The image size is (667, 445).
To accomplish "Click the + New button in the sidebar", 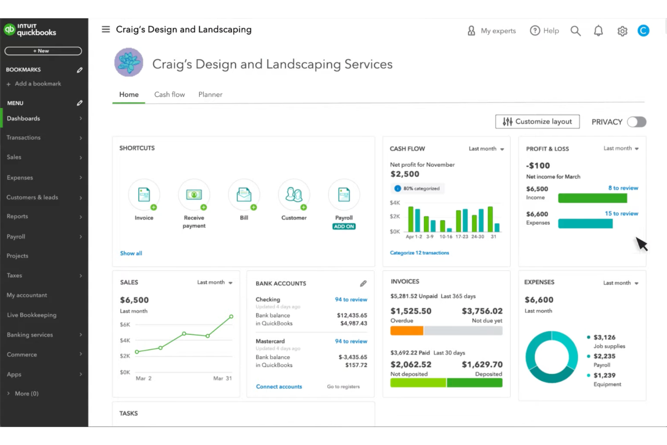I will point(43,51).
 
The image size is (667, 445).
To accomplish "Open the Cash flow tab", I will point(169,95).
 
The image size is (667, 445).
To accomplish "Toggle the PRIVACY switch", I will point(636,122).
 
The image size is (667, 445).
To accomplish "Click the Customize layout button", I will point(537,122).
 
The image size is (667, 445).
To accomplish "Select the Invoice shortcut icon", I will point(144,195).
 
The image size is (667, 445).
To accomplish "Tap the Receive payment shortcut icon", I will point(194,195).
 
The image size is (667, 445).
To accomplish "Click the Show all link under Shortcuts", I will point(131,253).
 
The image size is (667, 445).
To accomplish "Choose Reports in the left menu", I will point(18,216).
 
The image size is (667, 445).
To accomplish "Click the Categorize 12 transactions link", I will point(419,253).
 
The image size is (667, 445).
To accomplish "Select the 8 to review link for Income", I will point(623,188).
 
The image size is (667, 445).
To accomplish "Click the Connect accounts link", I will point(279,387).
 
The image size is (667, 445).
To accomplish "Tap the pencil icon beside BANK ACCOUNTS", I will point(363,284).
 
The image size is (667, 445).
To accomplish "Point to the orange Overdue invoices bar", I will point(407,331).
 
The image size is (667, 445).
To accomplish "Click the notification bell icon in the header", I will point(598,31).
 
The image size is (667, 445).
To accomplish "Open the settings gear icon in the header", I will point(622,31).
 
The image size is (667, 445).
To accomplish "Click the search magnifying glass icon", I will point(576,31).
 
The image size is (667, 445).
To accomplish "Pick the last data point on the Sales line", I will point(231,317).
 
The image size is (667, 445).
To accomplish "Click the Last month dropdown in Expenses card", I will point(621,283).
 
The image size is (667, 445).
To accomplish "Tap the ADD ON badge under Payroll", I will point(344,227).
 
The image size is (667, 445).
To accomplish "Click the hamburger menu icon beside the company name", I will point(106,29).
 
